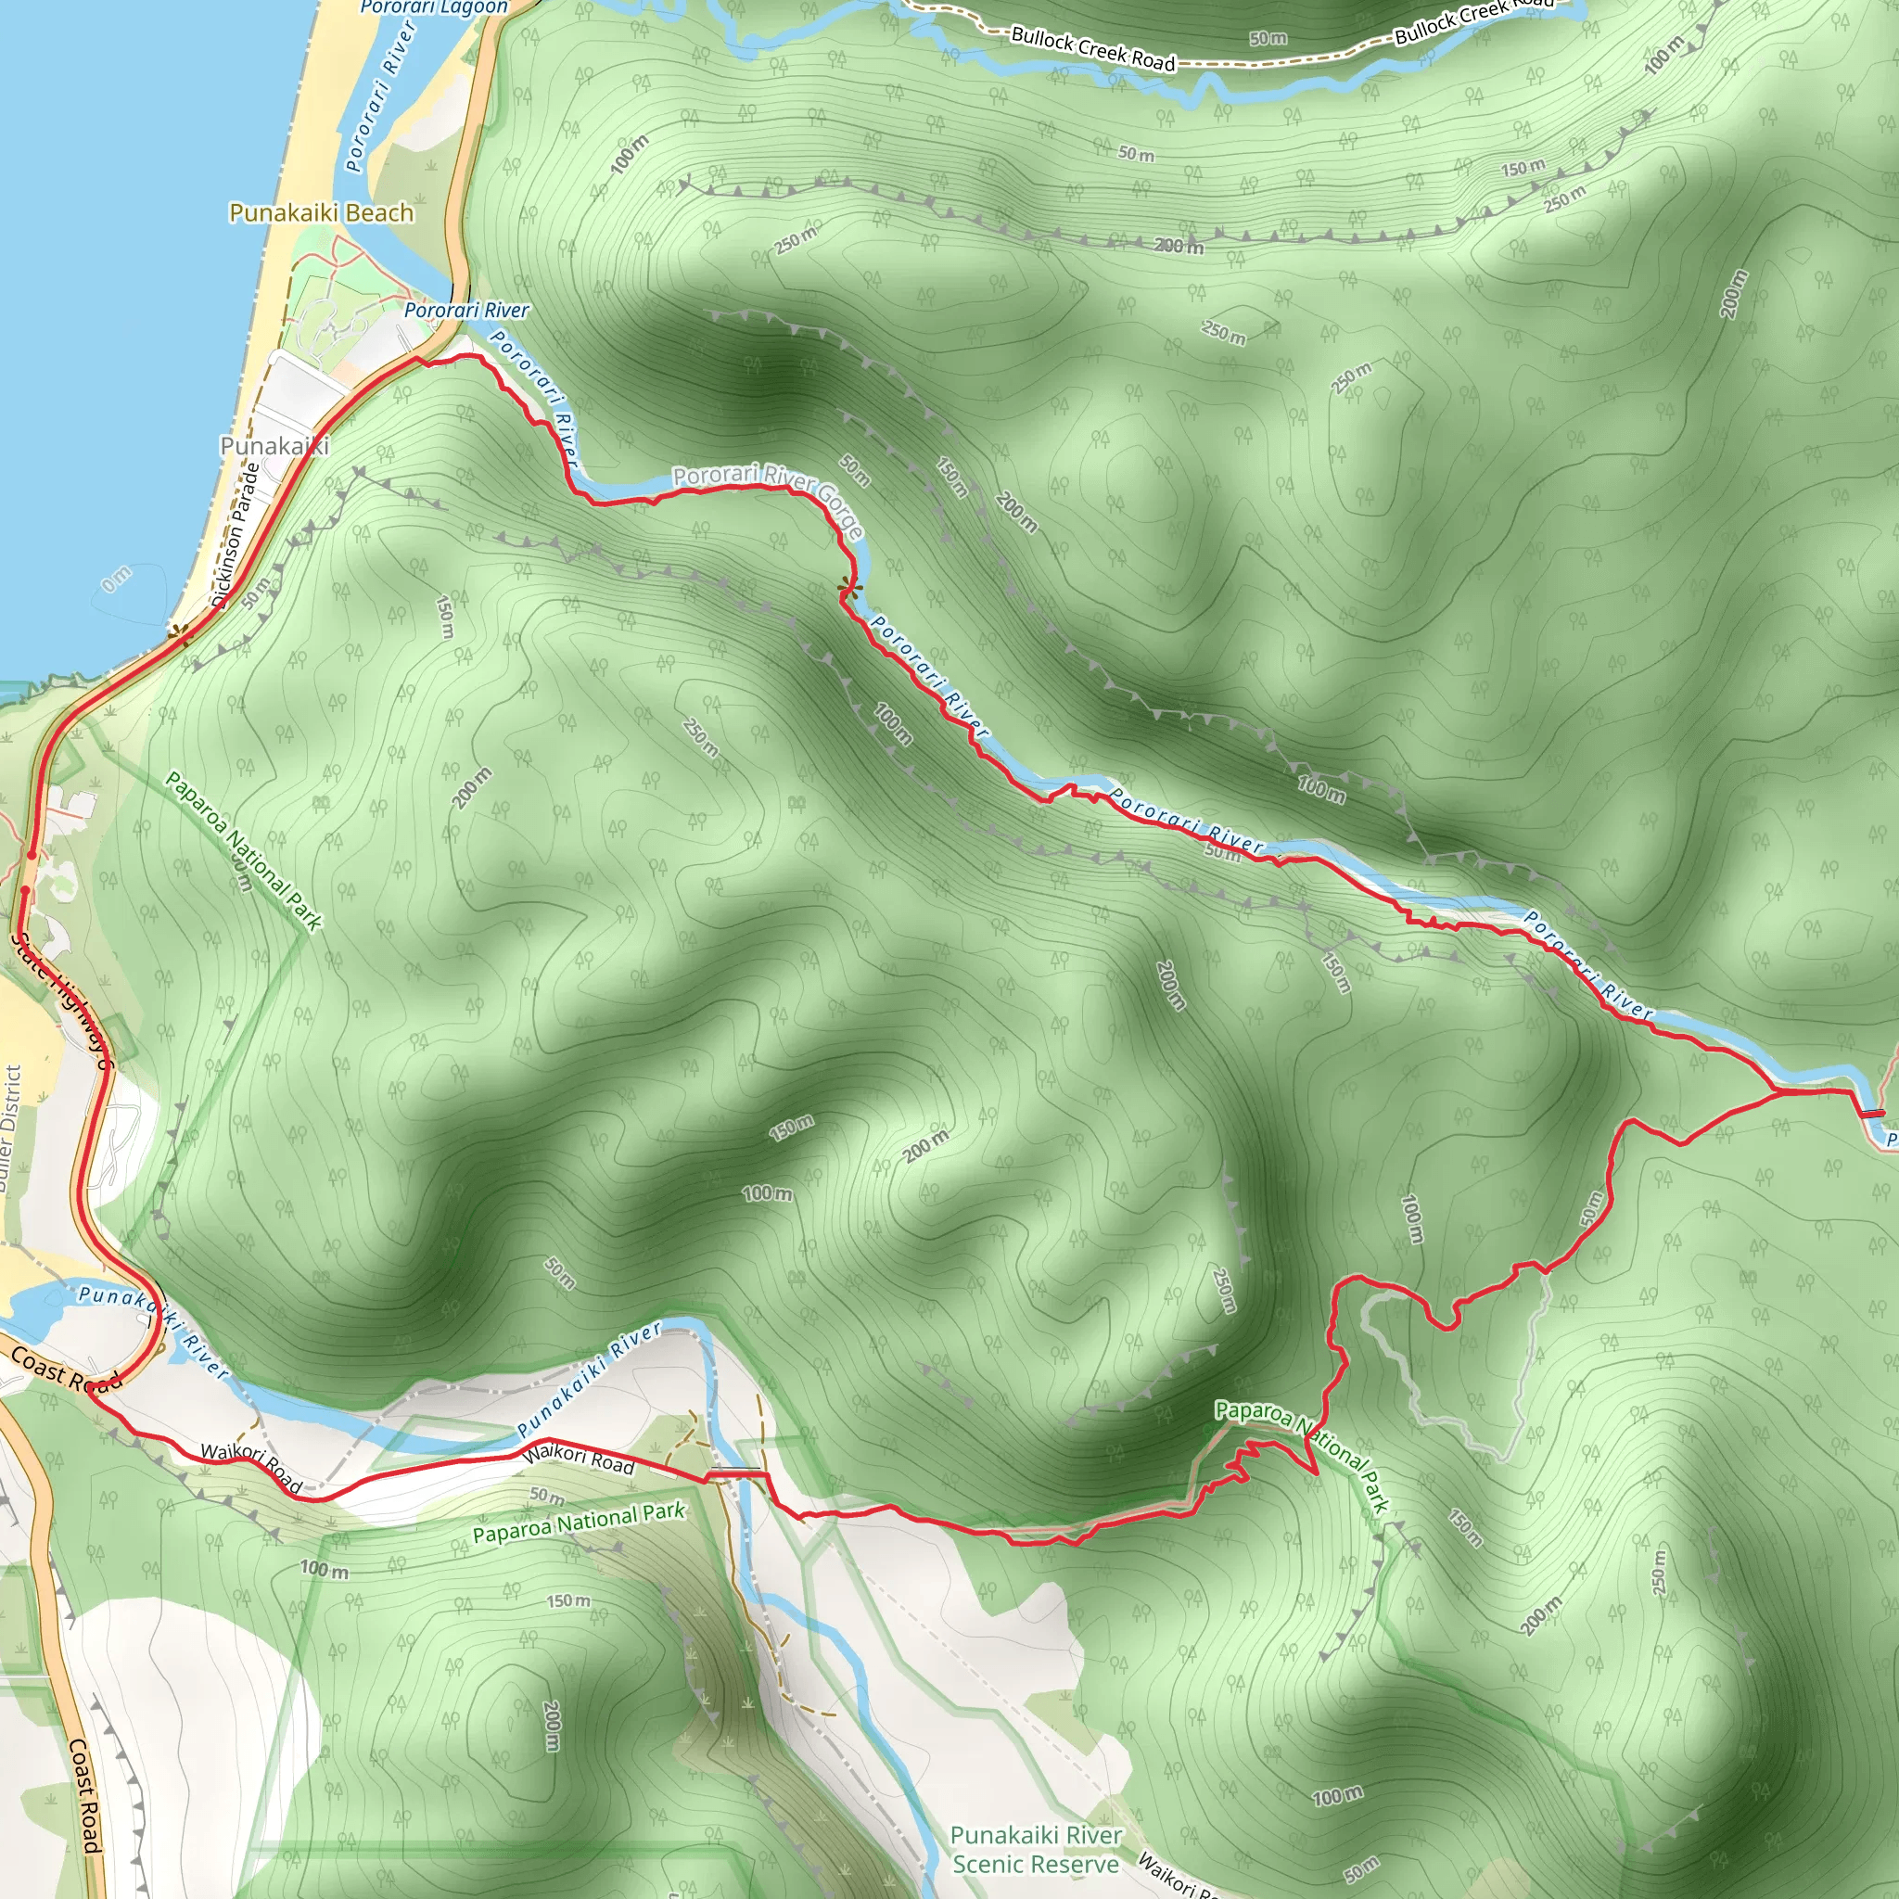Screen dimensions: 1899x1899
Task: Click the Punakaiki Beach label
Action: [322, 213]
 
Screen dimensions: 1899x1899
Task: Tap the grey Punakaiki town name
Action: [274, 445]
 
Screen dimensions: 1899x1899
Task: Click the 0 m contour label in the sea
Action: [116, 580]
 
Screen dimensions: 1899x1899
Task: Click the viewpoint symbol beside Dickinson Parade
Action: [178, 632]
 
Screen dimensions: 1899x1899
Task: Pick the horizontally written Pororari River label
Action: [467, 311]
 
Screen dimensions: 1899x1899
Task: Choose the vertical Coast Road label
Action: [84, 1795]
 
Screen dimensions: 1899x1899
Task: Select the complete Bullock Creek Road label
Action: [1093, 49]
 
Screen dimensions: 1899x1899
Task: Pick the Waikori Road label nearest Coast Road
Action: [251, 1467]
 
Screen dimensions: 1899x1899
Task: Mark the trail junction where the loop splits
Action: [1779, 1092]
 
